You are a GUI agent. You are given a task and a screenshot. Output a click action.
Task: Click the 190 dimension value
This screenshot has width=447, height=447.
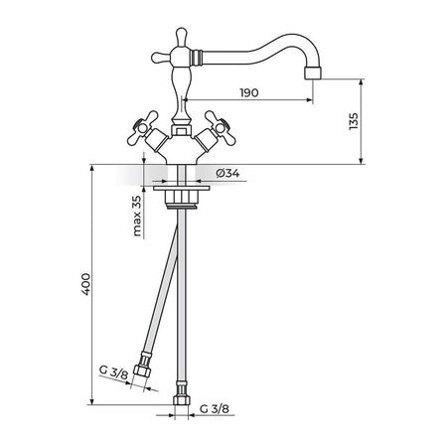pyautogui.click(x=249, y=92)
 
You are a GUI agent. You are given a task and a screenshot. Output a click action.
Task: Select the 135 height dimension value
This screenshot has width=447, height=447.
pyautogui.click(x=354, y=121)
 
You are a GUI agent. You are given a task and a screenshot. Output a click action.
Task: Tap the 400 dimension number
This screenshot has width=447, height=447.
pyautogui.click(x=85, y=284)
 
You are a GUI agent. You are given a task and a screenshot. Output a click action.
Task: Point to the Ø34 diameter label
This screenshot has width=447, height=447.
pyautogui.click(x=227, y=173)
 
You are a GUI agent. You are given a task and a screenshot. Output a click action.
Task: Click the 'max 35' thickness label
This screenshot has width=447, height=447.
pyautogui.click(x=137, y=216)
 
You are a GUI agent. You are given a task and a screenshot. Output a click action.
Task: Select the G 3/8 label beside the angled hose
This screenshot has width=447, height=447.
pyautogui.click(x=113, y=372)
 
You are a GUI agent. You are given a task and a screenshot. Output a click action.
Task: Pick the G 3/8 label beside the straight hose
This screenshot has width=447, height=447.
pyautogui.click(x=215, y=409)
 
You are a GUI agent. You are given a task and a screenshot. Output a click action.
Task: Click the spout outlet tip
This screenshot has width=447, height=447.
pyautogui.click(x=313, y=73)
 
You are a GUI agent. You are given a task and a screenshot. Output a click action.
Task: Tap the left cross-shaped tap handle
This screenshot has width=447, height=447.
pyautogui.click(x=143, y=128)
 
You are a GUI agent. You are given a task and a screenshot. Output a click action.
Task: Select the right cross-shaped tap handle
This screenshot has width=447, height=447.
pyautogui.click(x=221, y=128)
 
